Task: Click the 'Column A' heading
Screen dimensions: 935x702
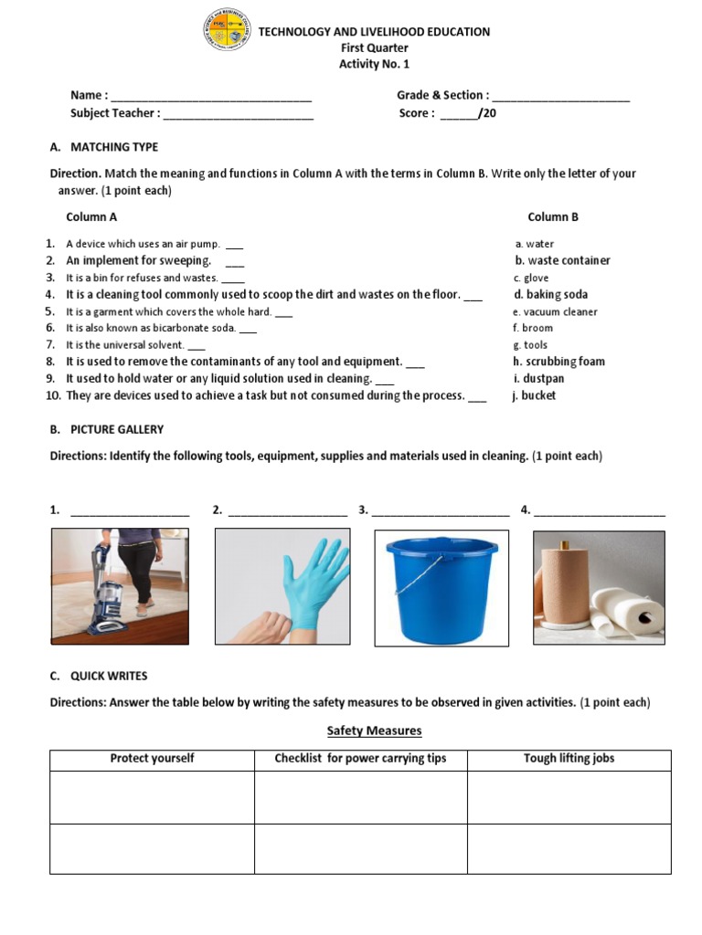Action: point(91,217)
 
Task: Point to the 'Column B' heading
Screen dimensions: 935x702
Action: point(553,217)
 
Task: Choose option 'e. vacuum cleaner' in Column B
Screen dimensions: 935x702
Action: point(555,311)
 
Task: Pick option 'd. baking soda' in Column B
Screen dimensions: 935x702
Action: point(550,295)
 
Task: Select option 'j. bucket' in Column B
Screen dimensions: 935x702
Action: point(535,395)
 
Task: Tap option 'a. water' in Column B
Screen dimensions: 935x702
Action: point(535,244)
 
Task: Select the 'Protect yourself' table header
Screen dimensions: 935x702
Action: point(152,759)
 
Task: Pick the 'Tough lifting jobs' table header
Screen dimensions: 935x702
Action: point(569,759)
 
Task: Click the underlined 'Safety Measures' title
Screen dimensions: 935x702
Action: point(375,731)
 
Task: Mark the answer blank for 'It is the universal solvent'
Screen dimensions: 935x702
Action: point(196,346)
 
